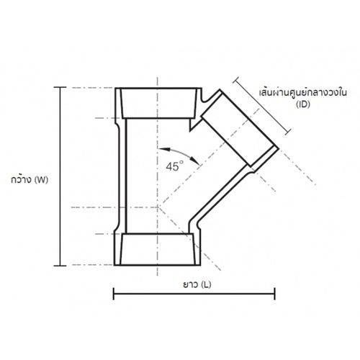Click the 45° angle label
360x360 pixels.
click(174, 166)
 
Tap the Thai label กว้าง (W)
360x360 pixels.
click(30, 179)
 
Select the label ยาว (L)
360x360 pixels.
click(197, 284)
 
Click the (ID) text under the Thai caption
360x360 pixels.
click(303, 104)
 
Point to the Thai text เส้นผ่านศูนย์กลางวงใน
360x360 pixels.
click(302, 92)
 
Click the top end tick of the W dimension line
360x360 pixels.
click(60, 87)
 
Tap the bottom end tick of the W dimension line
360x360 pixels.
click(60, 266)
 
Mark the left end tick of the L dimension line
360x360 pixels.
click(113, 294)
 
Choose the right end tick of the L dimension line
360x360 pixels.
click(275, 294)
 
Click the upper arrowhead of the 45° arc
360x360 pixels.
click(163, 149)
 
